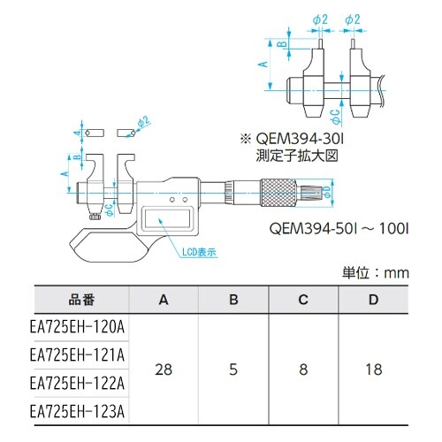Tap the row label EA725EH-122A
click(x=77, y=385)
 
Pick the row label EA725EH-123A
click(x=77, y=413)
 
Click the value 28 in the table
click(x=164, y=370)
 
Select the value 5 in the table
click(x=233, y=370)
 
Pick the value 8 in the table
click(x=302, y=370)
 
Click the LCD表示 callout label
click(x=199, y=252)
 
